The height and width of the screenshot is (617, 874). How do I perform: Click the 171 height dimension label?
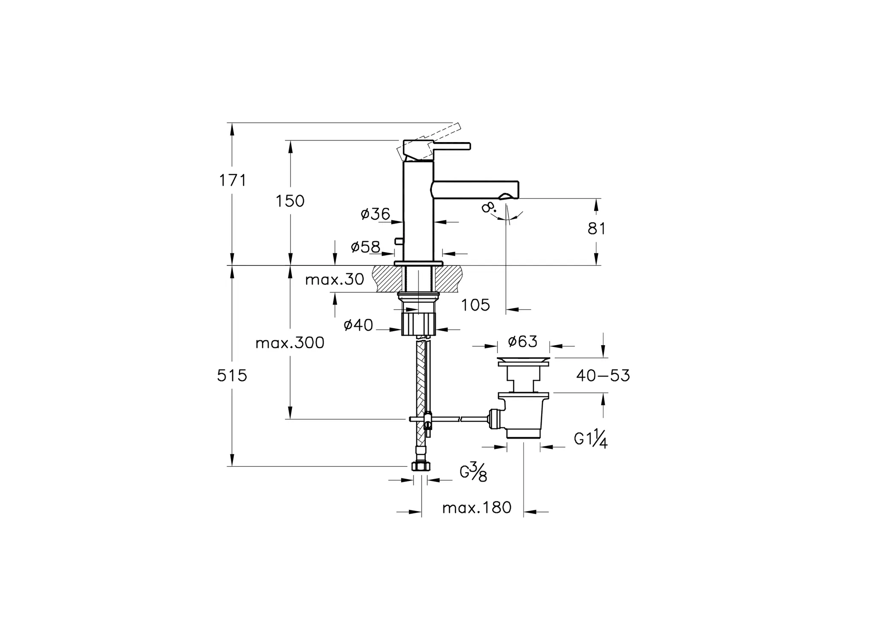(x=233, y=180)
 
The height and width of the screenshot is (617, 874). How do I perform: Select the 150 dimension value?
(x=290, y=201)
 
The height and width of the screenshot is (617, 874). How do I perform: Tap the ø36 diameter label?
(x=376, y=214)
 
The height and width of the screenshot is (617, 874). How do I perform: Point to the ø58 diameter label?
(x=365, y=247)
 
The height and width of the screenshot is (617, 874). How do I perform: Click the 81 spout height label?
(x=597, y=229)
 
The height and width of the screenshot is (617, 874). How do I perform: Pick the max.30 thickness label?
(x=335, y=279)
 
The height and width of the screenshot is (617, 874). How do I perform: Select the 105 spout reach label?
(x=476, y=305)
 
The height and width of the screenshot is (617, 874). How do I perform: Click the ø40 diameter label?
(x=358, y=325)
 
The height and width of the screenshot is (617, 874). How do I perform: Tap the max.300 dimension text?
(x=290, y=343)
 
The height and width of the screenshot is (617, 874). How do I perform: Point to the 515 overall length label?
(x=232, y=375)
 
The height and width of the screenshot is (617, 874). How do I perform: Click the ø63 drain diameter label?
(x=523, y=341)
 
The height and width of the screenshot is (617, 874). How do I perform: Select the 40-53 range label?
(x=603, y=375)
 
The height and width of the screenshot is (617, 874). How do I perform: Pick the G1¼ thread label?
(x=591, y=439)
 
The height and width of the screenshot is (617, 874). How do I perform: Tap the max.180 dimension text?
(x=477, y=508)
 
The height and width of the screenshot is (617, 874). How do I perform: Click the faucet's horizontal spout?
(x=475, y=190)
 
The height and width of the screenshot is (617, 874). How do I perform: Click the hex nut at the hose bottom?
(x=421, y=466)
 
